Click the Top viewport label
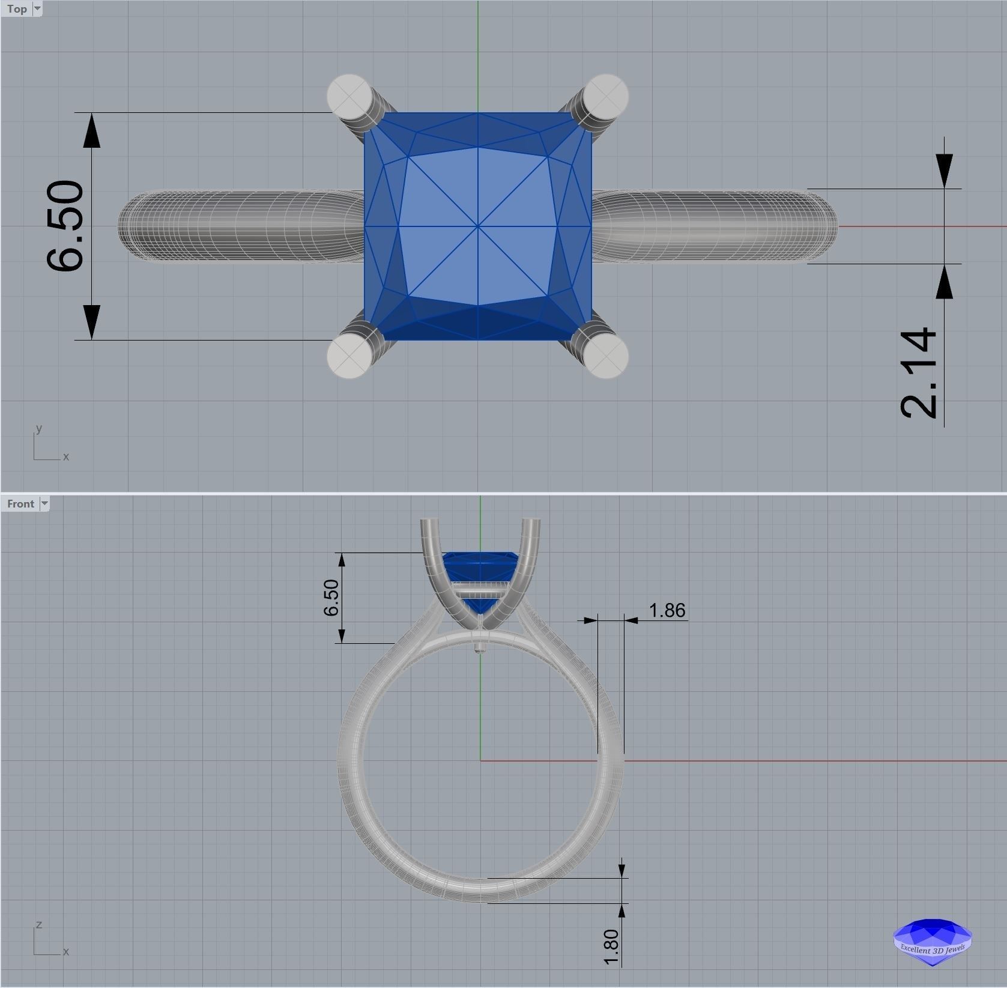tap(17, 9)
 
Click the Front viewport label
tap(20, 504)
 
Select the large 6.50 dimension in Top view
tap(65, 226)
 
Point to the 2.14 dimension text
tap(919, 372)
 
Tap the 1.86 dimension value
tap(667, 611)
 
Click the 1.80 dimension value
tap(611, 947)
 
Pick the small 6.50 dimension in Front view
tap(331, 598)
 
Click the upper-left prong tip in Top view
tap(348, 95)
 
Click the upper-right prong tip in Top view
tap(606, 95)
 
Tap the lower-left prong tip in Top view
tap(348, 357)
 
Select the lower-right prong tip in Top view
tap(606, 357)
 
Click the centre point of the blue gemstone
tap(478, 226)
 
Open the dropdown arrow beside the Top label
tap(37, 9)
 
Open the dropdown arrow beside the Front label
tap(44, 504)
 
